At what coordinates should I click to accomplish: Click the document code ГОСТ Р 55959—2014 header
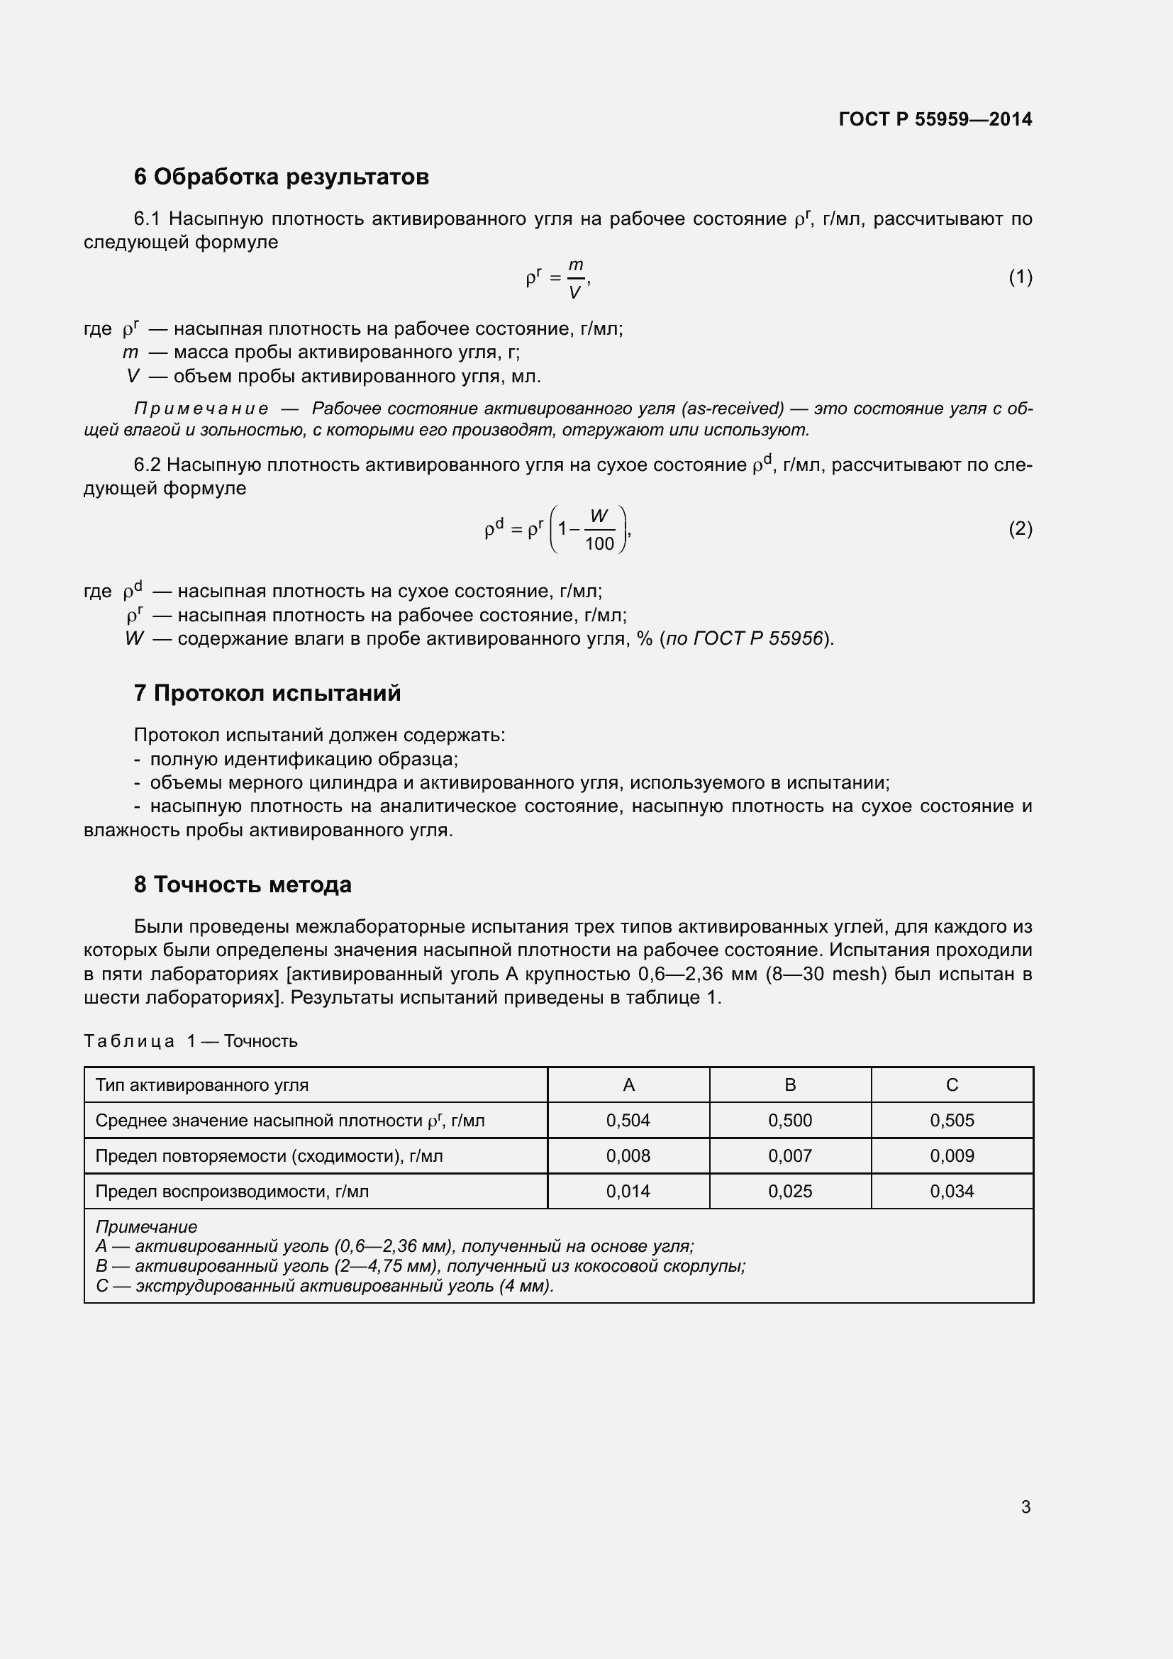click(x=935, y=119)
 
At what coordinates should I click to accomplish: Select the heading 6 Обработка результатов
click(x=281, y=177)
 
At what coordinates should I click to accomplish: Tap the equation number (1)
click(x=1020, y=277)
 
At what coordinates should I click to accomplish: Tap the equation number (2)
click(x=1020, y=529)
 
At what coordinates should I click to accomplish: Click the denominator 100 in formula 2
click(x=599, y=543)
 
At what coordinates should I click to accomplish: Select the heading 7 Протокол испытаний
click(x=267, y=693)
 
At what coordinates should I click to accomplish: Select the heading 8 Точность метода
click(x=242, y=884)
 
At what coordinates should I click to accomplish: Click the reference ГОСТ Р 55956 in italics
click(x=757, y=639)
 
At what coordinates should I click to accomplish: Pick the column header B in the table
click(x=789, y=1084)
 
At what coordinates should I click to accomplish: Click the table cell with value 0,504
click(x=628, y=1120)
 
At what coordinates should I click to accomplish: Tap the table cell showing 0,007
click(x=789, y=1155)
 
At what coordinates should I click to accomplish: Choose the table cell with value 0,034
click(x=951, y=1191)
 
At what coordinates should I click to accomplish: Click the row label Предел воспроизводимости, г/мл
click(x=232, y=1191)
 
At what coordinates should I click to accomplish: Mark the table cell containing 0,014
click(x=628, y=1191)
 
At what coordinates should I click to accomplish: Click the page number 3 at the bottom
click(x=1025, y=1507)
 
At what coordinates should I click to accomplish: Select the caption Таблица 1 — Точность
click(x=191, y=1041)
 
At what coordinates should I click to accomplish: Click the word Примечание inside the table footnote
click(x=146, y=1227)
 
